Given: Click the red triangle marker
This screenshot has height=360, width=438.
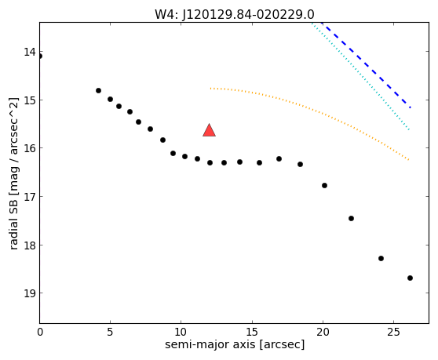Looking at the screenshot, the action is point(210,130).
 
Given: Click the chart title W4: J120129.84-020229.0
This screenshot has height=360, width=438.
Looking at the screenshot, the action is point(235,15).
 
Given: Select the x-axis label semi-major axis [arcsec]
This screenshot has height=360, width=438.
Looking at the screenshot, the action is point(235,344).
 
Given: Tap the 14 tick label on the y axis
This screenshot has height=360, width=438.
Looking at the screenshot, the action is point(30,52).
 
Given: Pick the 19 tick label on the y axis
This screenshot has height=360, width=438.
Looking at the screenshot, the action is point(30,293).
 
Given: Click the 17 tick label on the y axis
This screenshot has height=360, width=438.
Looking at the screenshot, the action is point(30,197).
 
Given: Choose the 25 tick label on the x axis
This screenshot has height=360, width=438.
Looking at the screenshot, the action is point(393,332).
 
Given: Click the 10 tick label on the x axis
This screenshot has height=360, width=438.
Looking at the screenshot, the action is point(181,332).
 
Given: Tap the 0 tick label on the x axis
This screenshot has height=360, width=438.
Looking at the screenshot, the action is point(40,332).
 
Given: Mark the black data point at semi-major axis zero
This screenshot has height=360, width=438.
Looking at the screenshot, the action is point(40,56).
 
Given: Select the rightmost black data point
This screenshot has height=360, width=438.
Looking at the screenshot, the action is point(410,278).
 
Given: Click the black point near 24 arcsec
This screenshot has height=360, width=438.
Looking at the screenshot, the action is point(381,258).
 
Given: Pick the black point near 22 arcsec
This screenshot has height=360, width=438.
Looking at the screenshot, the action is point(352,218).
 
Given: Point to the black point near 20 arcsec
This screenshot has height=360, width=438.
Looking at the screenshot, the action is point(325,185).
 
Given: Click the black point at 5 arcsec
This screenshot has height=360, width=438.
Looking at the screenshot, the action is point(111,99).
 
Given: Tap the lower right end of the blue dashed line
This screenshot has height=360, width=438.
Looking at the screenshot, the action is point(410,107).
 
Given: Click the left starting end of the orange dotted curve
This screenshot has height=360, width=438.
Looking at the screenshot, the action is point(210,89).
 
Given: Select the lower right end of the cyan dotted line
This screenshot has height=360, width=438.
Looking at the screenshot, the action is point(409,129).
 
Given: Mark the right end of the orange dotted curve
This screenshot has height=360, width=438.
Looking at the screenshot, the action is point(409,160).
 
